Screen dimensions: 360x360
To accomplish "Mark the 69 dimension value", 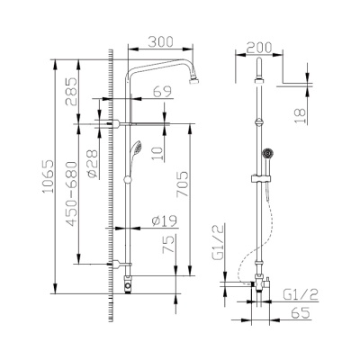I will click(163, 92).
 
